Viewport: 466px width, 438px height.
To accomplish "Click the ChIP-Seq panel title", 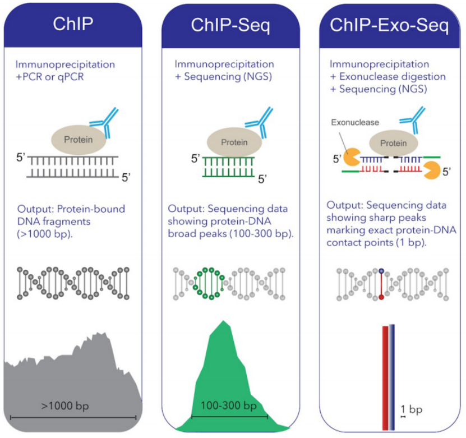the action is coord(230,25).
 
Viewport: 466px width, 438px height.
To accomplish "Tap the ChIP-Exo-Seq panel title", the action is coord(389,25).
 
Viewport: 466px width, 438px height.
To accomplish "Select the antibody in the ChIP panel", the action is coord(105,123).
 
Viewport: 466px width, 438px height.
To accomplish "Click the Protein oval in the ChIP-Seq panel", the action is coord(234,142).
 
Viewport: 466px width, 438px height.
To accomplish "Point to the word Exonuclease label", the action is coord(355,122).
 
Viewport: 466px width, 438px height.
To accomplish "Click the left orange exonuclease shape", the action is coord(351,157).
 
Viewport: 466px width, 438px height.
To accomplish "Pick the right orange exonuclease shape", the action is coord(432,170).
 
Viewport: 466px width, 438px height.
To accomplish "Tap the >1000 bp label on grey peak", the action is coord(65,405).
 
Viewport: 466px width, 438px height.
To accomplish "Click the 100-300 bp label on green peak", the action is coord(229,405).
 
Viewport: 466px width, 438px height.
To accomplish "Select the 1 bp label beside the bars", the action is coord(411,409).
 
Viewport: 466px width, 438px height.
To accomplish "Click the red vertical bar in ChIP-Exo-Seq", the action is coord(385,378).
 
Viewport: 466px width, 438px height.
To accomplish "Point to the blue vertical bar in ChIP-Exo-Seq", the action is coord(392,377).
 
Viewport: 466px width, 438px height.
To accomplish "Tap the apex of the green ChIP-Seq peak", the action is coord(224,321).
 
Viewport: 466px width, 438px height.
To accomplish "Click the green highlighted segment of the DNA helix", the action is coord(209,283).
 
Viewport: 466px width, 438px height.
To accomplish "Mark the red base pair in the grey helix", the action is coord(381,284).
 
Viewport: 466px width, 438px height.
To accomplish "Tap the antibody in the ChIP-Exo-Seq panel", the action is coord(413,119).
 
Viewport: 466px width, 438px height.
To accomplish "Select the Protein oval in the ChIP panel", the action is coord(79,140).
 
